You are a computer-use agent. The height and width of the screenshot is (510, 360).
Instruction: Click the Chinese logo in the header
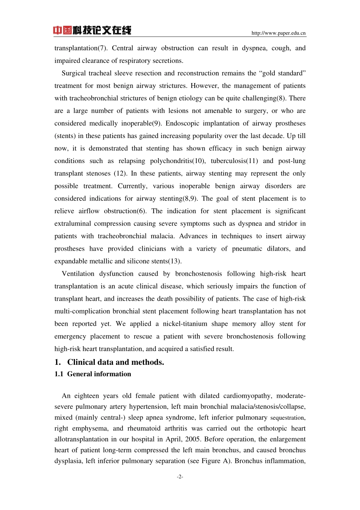pos(92,30)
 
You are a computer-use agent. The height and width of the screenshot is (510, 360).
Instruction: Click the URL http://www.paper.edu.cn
pos(279,33)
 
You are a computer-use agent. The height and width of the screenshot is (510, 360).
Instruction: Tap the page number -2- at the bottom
pos(180,477)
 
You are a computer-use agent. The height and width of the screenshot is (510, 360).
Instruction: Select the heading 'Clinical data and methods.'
pos(116,362)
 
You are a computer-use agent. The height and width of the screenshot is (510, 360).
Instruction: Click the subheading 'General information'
pos(99,374)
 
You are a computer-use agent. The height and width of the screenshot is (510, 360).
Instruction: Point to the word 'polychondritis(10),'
pos(178,161)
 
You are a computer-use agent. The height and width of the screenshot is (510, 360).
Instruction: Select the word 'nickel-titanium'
pos(185,324)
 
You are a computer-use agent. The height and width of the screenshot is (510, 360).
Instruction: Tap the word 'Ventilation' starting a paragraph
pos(78,274)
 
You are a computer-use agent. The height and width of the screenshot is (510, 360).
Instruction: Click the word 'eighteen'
pos(86,396)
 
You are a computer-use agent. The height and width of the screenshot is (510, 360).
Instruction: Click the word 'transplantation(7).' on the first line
pos(81,48)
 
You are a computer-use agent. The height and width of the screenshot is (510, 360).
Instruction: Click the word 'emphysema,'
pos(90,428)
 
